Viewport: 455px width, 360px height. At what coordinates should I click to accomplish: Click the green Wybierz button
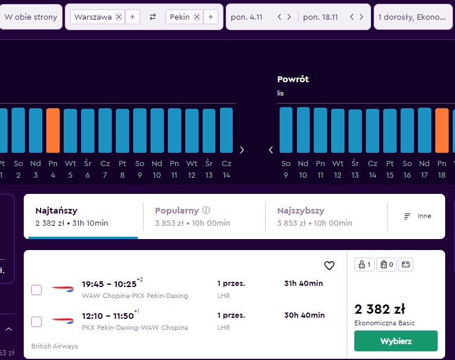(x=396, y=341)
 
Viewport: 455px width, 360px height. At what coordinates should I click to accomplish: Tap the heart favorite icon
(x=329, y=265)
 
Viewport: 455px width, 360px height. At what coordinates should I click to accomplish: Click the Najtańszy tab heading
(x=56, y=211)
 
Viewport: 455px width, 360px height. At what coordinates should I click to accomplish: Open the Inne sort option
(x=417, y=216)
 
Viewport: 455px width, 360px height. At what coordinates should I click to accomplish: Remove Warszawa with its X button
(x=119, y=17)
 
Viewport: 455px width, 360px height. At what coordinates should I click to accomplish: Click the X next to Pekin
(x=197, y=17)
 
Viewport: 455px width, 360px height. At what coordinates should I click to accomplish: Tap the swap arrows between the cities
(x=153, y=17)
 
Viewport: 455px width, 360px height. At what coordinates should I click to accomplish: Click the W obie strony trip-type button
(x=31, y=17)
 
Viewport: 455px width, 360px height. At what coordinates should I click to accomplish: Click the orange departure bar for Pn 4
(x=53, y=131)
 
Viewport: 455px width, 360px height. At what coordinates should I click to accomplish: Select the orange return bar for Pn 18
(x=442, y=131)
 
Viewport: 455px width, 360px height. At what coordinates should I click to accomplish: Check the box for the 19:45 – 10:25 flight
(x=36, y=290)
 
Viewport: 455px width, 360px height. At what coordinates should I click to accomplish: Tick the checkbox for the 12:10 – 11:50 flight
(x=36, y=322)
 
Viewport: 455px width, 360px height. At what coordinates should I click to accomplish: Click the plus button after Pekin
(x=211, y=17)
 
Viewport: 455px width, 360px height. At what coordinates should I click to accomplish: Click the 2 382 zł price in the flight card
(x=380, y=309)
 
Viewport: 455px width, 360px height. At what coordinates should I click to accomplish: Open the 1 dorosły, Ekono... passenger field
(x=413, y=17)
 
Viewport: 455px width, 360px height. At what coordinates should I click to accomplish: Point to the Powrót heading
(x=293, y=79)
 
